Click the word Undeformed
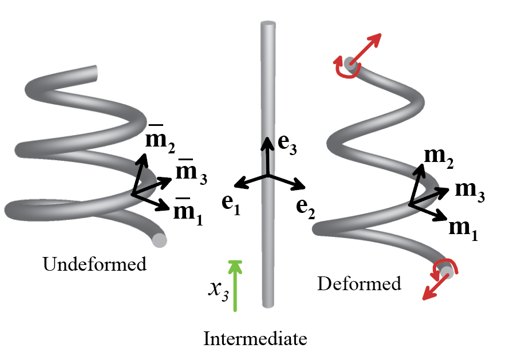point(94,264)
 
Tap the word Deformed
point(360,283)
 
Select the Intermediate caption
point(255,339)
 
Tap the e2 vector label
point(305,205)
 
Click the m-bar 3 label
point(191,172)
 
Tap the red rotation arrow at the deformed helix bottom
point(445,267)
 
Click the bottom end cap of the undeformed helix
point(160,240)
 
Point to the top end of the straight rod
point(268,26)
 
